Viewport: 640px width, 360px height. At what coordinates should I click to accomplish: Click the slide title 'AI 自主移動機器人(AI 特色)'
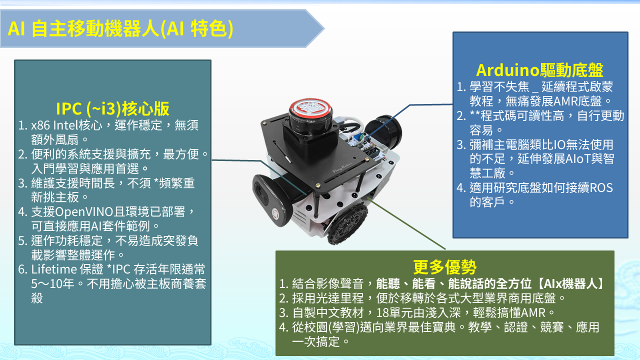point(120,28)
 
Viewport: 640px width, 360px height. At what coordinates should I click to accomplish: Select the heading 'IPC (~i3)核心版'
point(112,108)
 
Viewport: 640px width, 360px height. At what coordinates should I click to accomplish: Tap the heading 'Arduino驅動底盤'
point(539,70)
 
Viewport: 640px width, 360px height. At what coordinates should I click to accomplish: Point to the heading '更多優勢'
point(444,267)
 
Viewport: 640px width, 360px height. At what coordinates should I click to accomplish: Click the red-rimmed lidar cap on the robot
point(310,109)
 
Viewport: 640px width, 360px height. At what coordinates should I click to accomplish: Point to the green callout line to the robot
point(405,223)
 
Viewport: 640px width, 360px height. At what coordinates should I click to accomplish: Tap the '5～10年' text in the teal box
point(52,284)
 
